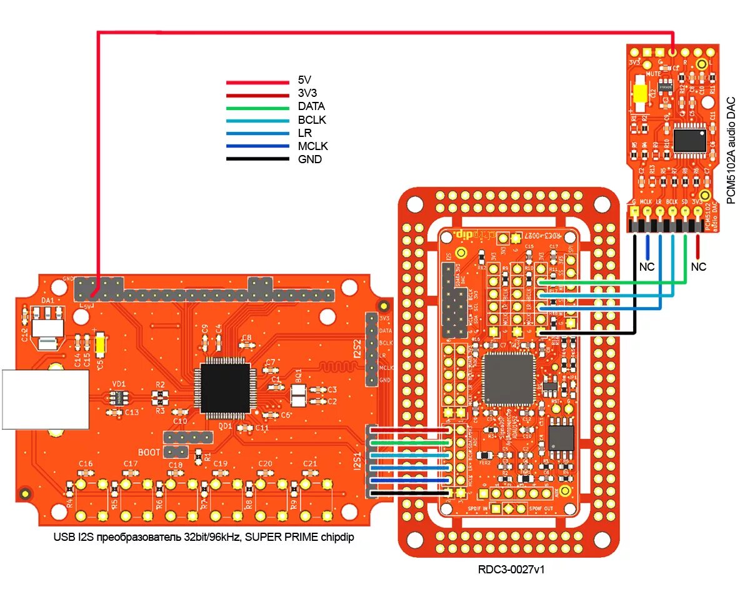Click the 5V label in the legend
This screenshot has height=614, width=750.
[304, 80]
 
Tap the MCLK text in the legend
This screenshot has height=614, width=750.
[312, 146]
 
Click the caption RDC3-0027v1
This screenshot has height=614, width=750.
[508, 570]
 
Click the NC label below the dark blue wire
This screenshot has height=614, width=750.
[646, 266]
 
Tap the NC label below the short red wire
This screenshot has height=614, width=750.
[698, 266]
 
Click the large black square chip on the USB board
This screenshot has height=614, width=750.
[225, 388]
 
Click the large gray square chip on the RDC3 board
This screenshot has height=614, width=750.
[509, 378]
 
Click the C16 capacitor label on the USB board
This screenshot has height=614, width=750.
[86, 463]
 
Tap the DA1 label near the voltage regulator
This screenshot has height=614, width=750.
[47, 301]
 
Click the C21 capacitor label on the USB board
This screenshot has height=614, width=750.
[309, 463]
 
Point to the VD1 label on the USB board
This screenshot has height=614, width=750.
[119, 383]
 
